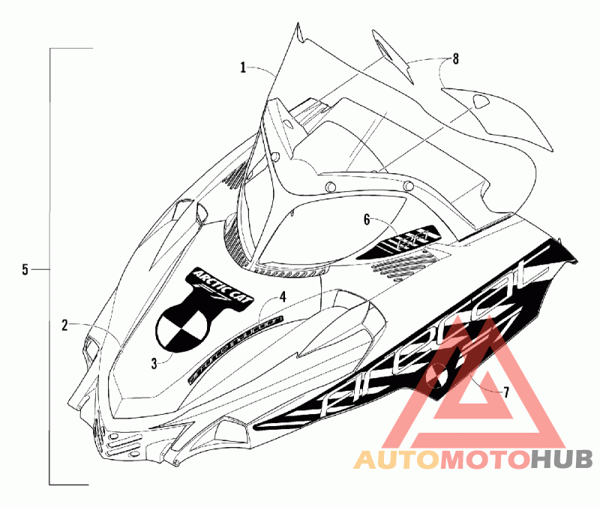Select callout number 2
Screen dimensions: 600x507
point(65,325)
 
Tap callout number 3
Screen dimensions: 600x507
point(154,363)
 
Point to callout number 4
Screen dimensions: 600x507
point(282,297)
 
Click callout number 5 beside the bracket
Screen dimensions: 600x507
point(25,269)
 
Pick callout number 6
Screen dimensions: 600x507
point(367,220)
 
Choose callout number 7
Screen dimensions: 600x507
point(506,391)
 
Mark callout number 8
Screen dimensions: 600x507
point(454,58)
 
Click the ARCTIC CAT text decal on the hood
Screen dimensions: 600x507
point(217,282)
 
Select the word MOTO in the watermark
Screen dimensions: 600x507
point(484,459)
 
